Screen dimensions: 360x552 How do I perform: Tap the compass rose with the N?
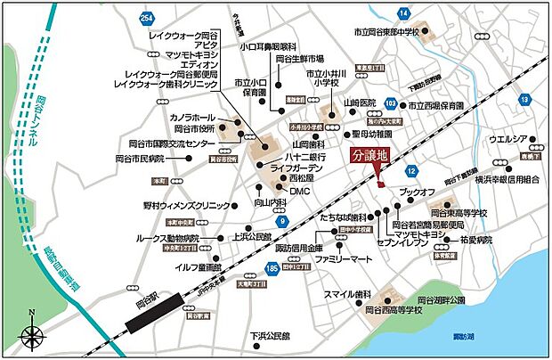[x=33, y=335]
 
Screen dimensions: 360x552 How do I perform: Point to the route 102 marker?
[x=390, y=103]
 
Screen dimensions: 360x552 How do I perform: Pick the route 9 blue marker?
[x=283, y=220]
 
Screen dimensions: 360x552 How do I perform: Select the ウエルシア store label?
[x=508, y=140]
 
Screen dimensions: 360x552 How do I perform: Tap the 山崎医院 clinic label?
[x=362, y=103]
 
